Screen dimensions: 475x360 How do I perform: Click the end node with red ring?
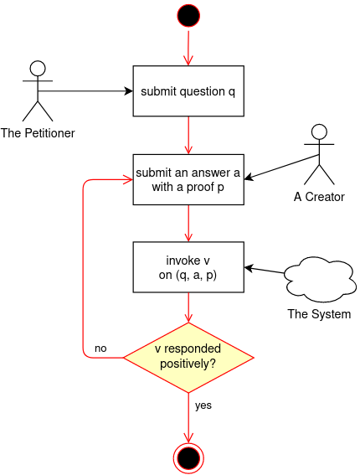[x=188, y=457]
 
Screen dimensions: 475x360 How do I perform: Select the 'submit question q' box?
[x=188, y=90]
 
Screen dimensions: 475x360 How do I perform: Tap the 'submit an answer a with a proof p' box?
[x=188, y=180]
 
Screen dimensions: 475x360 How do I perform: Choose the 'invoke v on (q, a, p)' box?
[x=188, y=267]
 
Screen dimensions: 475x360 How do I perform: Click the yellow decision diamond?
[x=188, y=358]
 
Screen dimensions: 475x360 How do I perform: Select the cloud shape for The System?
[x=319, y=278]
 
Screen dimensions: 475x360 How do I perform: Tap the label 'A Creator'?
[x=319, y=197]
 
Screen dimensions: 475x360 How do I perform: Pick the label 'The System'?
[x=319, y=314]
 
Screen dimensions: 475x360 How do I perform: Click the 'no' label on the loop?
[x=100, y=348]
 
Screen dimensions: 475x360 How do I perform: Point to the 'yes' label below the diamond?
[x=203, y=405]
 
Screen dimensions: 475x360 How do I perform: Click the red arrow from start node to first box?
[x=188, y=48]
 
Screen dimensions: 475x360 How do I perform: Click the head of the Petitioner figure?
[x=36, y=67]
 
